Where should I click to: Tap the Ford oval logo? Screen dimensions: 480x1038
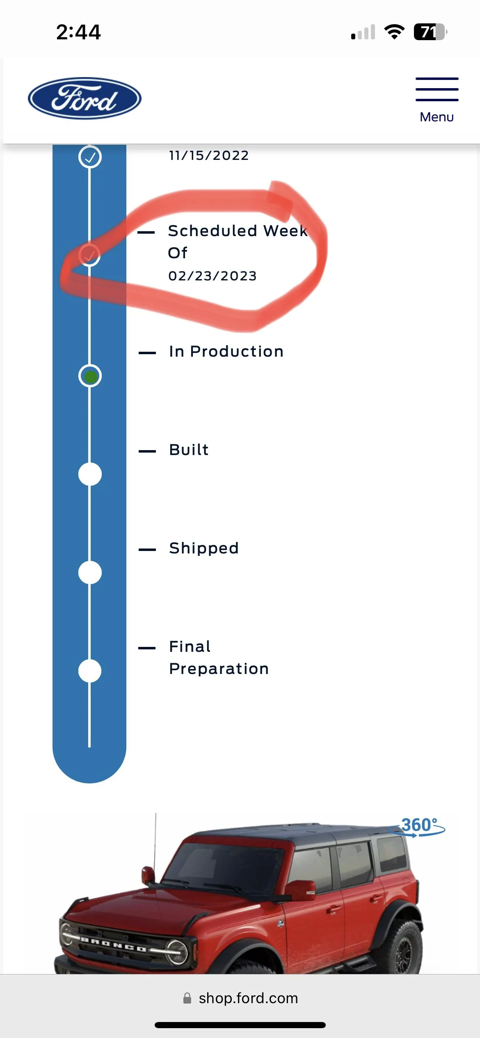click(85, 98)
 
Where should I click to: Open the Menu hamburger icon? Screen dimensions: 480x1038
click(437, 89)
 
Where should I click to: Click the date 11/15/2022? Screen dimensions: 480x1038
click(209, 155)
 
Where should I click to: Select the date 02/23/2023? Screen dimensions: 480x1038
click(213, 276)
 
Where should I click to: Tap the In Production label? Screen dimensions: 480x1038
click(226, 351)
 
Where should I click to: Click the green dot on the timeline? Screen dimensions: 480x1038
click(90, 376)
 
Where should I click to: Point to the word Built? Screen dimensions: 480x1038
click(189, 450)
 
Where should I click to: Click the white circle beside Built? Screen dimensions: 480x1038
click(90, 474)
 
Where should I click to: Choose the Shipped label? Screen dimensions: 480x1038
click(204, 549)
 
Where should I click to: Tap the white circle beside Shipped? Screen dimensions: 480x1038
click(90, 573)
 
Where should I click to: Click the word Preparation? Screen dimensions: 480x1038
click(219, 669)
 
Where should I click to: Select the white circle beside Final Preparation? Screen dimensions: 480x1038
click(90, 671)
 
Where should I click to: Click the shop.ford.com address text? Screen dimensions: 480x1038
click(249, 998)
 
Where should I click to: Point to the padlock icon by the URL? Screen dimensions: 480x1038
click(187, 998)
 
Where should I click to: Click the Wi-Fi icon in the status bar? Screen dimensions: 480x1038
click(394, 32)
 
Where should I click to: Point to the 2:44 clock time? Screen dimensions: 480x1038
click(78, 32)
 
